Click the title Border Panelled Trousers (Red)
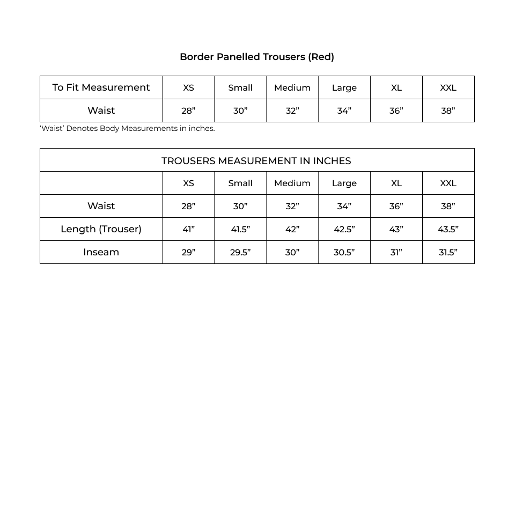pyautogui.click(x=257, y=57)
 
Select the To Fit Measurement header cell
pyautogui.click(x=101, y=87)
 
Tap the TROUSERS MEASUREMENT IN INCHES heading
pyautogui.click(x=256, y=160)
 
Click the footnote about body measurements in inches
pyautogui.click(x=127, y=128)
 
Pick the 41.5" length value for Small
pyautogui.click(x=240, y=229)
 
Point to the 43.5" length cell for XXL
pyautogui.click(x=448, y=229)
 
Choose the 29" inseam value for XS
pyautogui.click(x=188, y=252)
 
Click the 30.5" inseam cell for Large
pyautogui.click(x=344, y=252)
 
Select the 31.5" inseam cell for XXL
pyautogui.click(x=448, y=252)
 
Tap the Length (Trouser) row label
pyautogui.click(x=101, y=229)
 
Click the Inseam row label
pyautogui.click(x=101, y=252)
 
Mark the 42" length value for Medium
pyautogui.click(x=292, y=229)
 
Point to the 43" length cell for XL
pyautogui.click(x=396, y=229)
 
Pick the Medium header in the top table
pyautogui.click(x=292, y=87)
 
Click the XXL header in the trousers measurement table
pyautogui.click(x=448, y=183)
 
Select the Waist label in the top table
pyautogui.click(x=101, y=111)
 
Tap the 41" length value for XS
pyautogui.click(x=188, y=229)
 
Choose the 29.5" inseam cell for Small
pyautogui.click(x=240, y=252)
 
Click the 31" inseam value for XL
pyautogui.click(x=396, y=252)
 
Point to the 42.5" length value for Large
pyautogui.click(x=344, y=229)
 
